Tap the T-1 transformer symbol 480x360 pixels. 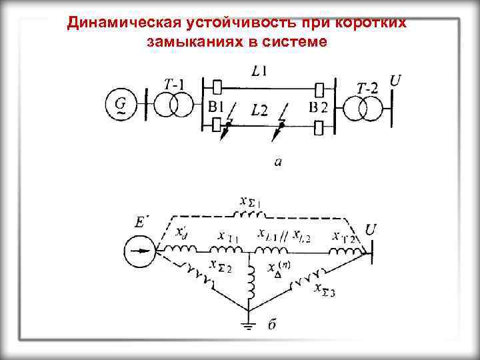pos(173,105)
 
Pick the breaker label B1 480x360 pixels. pos(215,107)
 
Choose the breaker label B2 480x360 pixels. pos(319,107)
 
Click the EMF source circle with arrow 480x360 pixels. pos(139,252)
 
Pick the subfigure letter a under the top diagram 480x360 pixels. pos(276,161)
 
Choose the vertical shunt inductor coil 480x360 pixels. pos(251,283)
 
